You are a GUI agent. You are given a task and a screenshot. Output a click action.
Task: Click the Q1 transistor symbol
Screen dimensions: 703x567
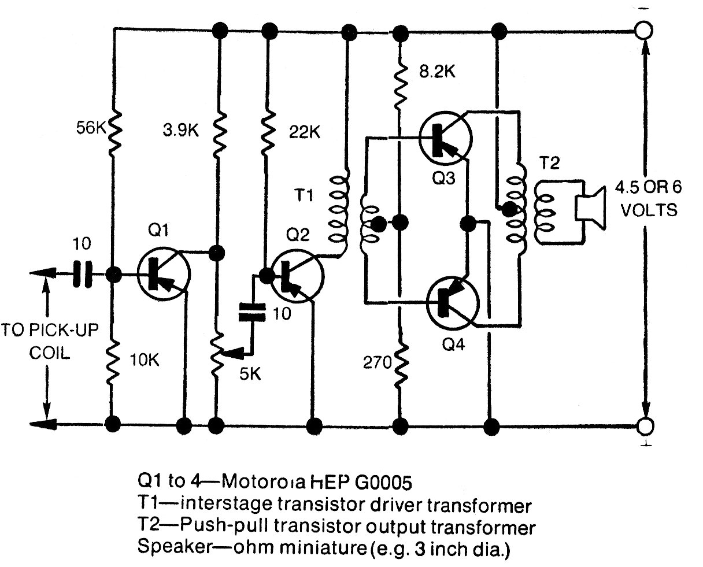[164, 274]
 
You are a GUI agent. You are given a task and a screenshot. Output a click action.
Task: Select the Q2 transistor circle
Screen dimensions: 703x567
[297, 276]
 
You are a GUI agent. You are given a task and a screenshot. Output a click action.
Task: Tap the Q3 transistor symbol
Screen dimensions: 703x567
[445, 139]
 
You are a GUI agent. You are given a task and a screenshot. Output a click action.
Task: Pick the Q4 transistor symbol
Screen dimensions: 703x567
[453, 302]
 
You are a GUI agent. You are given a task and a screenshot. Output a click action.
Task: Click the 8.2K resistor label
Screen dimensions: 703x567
[437, 72]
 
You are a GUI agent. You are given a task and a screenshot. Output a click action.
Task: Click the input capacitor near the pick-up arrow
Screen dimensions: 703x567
[82, 274]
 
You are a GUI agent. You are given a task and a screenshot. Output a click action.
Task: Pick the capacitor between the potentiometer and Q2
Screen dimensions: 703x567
[252, 312]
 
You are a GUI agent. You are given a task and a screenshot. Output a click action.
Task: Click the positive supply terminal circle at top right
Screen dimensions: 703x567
[644, 31]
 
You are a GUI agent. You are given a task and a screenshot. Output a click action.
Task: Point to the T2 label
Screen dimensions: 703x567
[550, 162]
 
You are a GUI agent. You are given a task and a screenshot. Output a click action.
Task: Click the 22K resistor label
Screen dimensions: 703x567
[305, 132]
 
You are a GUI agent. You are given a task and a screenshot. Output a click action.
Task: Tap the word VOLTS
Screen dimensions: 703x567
[649, 210]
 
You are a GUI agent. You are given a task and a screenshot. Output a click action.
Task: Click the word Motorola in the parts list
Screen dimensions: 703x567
[264, 483]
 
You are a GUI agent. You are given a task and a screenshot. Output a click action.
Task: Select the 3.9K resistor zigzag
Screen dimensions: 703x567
[220, 135]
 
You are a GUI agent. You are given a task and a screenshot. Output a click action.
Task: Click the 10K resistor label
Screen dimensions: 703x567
[145, 361]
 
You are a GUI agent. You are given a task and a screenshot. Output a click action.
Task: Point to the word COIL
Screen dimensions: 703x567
[50, 353]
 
